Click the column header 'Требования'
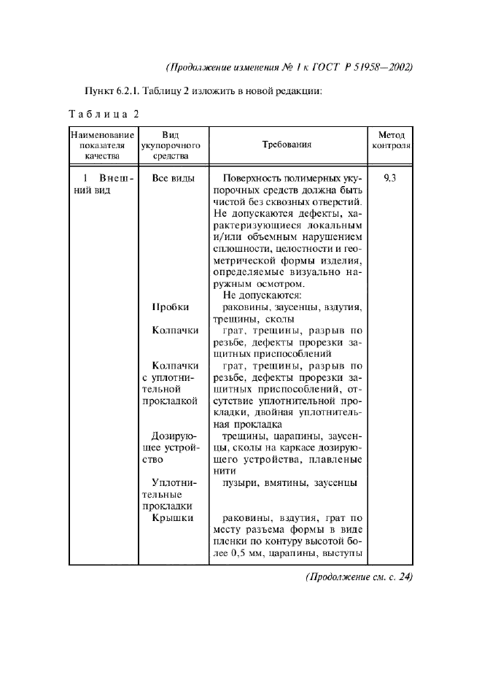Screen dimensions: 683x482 coord(287,144)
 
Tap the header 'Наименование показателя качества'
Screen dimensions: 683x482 coord(102,144)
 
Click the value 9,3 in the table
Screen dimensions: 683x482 coord(390,177)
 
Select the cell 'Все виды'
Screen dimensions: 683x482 coord(173,177)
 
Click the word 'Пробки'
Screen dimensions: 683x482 coord(171,307)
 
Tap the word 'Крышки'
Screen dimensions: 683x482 coord(173,518)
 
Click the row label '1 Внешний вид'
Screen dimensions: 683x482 coord(102,184)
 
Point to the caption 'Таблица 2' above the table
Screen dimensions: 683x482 coord(103,114)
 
